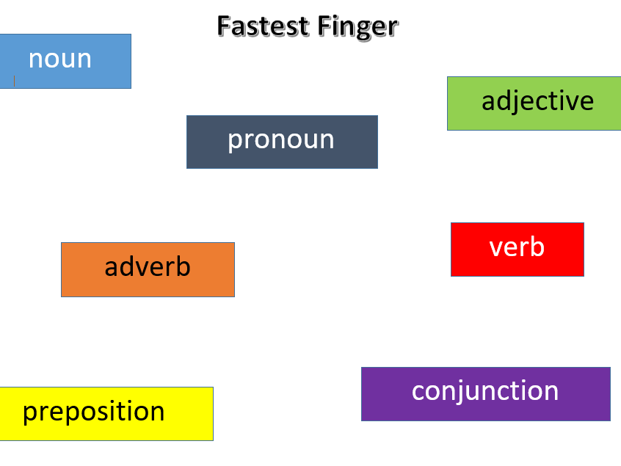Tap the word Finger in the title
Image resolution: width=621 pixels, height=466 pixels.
point(358,26)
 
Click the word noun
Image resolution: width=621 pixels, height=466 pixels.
point(59,59)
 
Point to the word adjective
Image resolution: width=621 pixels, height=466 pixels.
point(537,101)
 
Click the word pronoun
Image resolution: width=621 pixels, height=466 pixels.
point(281,139)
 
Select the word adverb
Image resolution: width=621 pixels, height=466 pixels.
point(148,266)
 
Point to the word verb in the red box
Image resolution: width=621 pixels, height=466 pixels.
point(517,247)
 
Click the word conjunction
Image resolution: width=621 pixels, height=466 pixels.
point(485,390)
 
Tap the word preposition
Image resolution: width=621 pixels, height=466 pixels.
point(93,412)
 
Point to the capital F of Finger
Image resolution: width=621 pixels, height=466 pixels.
point(324,26)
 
